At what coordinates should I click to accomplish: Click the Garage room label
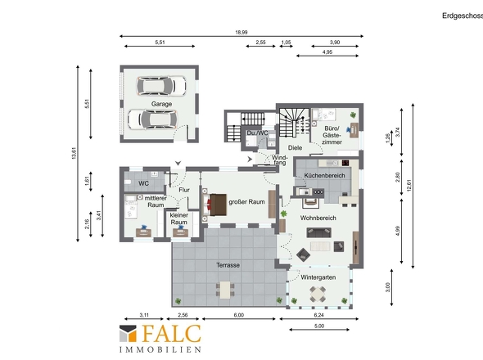coord(161,104)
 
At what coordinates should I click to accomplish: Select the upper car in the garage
coord(161,86)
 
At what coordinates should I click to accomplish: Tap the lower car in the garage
coord(152,119)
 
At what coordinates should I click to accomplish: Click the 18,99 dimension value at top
coord(241,32)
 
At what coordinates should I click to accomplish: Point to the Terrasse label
coord(228,265)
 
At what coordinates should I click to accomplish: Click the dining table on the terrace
coord(225,290)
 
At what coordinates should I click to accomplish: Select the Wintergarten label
coord(318,277)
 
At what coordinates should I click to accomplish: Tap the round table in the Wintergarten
coord(318,294)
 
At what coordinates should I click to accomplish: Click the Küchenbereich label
coord(324,175)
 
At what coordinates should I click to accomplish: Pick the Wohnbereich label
coord(318,218)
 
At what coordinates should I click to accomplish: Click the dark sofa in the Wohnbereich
coord(318,232)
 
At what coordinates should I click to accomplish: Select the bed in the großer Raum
coord(214,205)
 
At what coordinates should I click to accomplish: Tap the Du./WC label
coord(257,133)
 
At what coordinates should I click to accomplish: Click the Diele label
coord(295,148)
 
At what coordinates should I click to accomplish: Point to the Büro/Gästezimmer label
coord(332,135)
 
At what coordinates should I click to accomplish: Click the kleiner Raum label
coord(179,218)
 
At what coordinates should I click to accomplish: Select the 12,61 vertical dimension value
coord(409,186)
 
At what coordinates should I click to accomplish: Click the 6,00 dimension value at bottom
coord(239,315)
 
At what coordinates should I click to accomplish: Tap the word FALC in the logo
coord(172,334)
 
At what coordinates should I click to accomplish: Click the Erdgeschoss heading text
coord(463,16)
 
